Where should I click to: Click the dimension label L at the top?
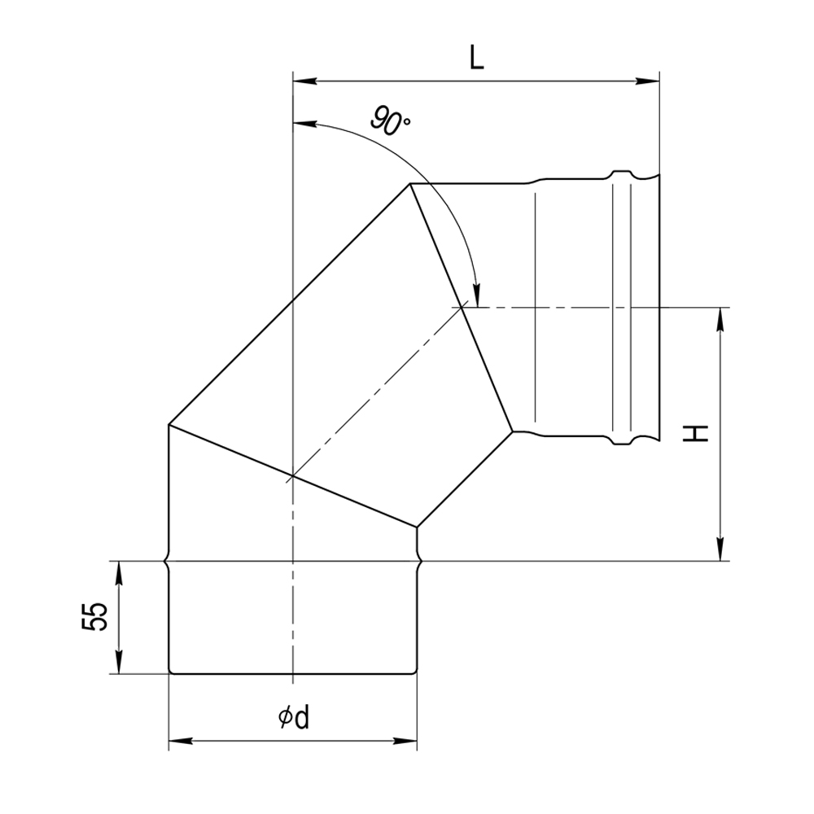point(476,58)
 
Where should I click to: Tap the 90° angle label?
point(391,120)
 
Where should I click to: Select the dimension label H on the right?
point(696,434)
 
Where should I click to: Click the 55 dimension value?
point(94,616)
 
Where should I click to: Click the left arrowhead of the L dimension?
point(304,81)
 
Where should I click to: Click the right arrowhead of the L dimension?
point(647,81)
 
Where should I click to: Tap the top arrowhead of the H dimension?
point(720,319)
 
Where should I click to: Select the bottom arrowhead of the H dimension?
point(720,549)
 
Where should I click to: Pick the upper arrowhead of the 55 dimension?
point(120,573)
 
